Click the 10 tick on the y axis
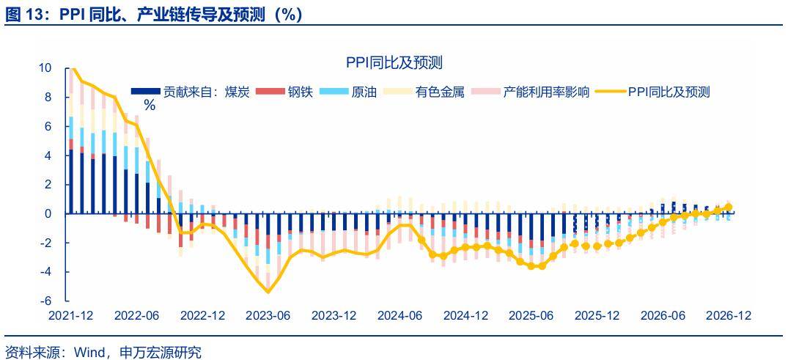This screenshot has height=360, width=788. pyautogui.click(x=45, y=68)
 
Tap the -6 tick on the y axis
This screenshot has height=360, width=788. pyautogui.click(x=46, y=301)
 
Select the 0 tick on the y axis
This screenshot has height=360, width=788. pyautogui.click(x=48, y=213)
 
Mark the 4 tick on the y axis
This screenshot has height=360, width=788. pyautogui.click(x=48, y=155)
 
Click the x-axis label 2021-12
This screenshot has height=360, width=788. pyautogui.click(x=70, y=315)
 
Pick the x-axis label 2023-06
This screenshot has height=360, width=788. pyautogui.click(x=268, y=315)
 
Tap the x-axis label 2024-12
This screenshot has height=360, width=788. pyautogui.click(x=466, y=315)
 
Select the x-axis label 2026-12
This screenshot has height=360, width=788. pyautogui.click(x=727, y=315)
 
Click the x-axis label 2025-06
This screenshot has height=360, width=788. pyautogui.click(x=531, y=315)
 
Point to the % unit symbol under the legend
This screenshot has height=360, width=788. pyautogui.click(x=150, y=105)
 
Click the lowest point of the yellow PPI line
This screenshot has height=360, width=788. pyautogui.click(x=268, y=292)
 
